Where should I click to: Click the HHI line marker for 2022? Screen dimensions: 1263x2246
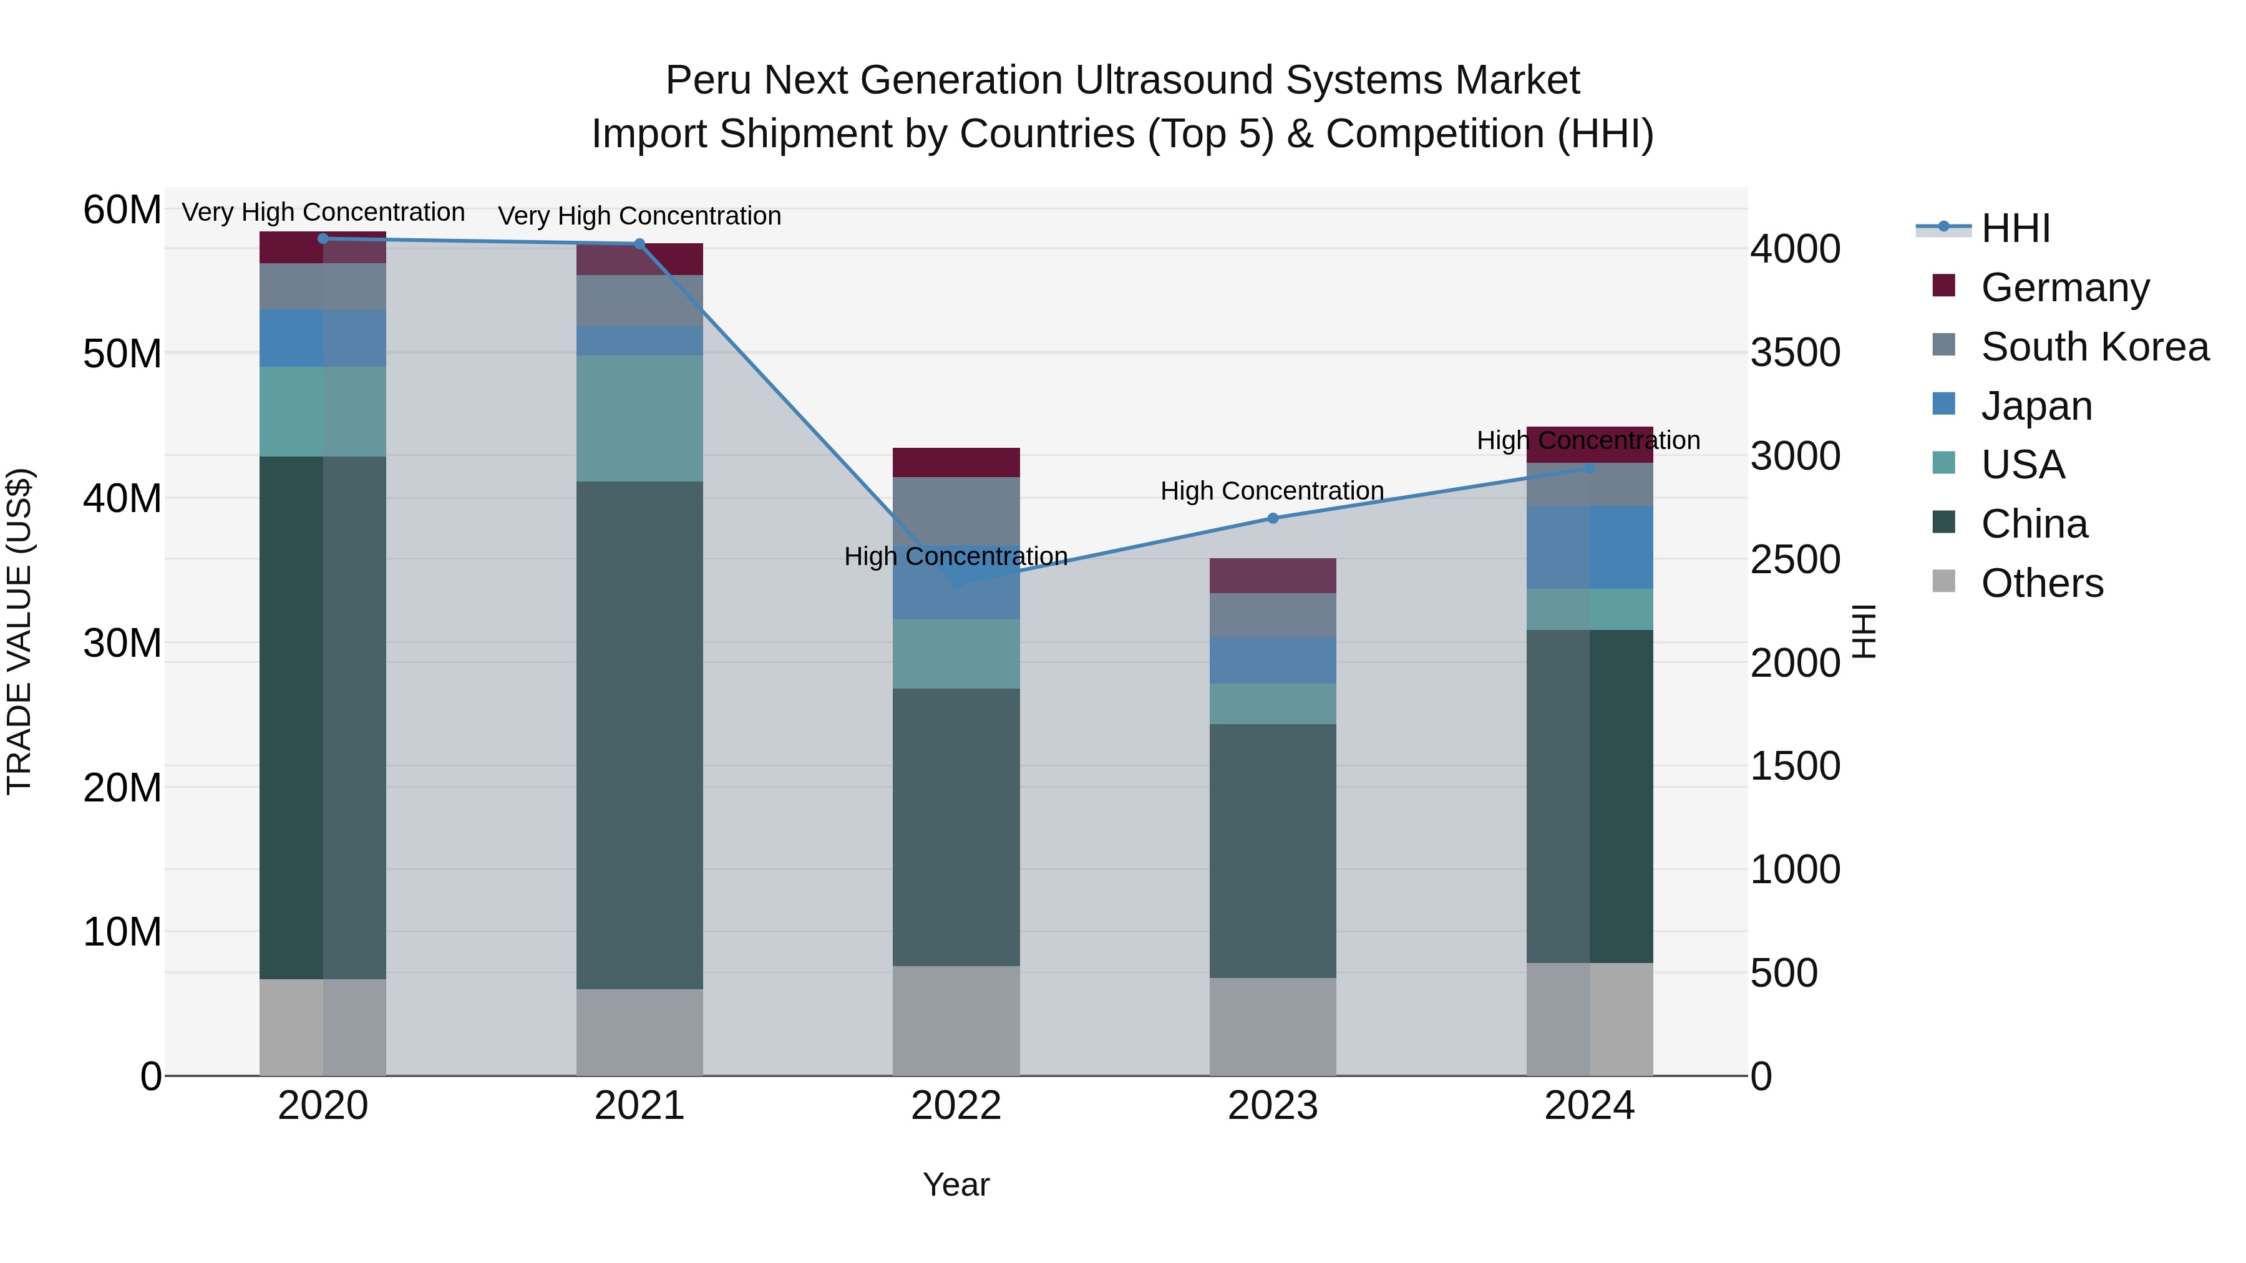click(956, 583)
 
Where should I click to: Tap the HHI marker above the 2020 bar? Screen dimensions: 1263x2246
click(323, 239)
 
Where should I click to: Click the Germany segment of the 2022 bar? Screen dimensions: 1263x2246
click(956, 463)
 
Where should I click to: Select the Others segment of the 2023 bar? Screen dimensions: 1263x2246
click(1273, 1026)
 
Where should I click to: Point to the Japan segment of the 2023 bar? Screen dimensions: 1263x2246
click(1273, 661)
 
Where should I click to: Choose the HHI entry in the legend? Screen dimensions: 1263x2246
click(2015, 228)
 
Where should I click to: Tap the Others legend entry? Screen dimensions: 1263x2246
click(2041, 583)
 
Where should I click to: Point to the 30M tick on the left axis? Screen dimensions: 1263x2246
click(122, 643)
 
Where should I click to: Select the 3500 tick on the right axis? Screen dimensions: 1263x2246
click(1795, 353)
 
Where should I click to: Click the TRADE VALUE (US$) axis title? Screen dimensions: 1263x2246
click(20, 631)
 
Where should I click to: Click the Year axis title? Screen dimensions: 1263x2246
click(956, 1184)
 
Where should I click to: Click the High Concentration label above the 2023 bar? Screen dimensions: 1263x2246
click(1272, 491)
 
